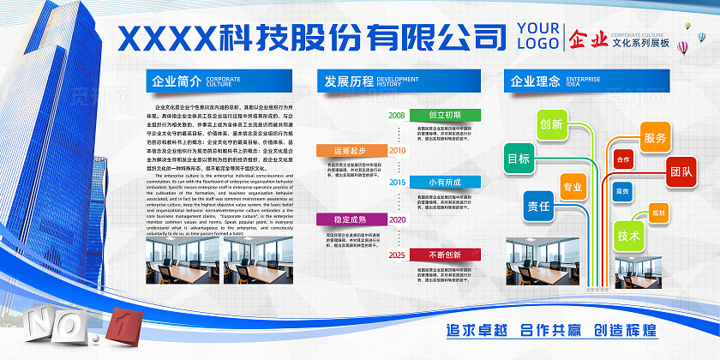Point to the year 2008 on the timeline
coord(397,115)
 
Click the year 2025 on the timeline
coord(397,255)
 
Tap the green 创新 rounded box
coord(552,124)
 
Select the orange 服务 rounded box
coord(655,137)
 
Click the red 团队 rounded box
coord(681,171)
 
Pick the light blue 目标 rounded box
coord(519,159)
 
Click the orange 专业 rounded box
coord(572,187)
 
